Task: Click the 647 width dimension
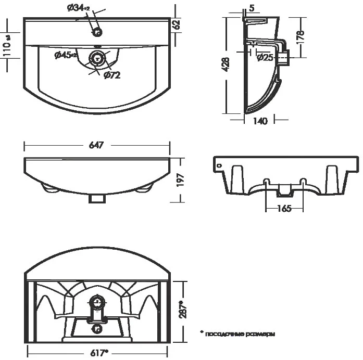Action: [97, 145]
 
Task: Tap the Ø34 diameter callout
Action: [79, 8]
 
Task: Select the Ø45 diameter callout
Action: [66, 56]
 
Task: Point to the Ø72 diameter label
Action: [112, 76]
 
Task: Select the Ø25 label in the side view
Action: [265, 58]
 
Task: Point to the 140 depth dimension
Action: [260, 121]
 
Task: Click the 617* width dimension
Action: [98, 352]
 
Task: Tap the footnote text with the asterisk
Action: [237, 333]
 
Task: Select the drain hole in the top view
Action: [96, 58]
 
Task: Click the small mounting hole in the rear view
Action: [219, 166]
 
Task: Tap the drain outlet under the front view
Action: [97, 198]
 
